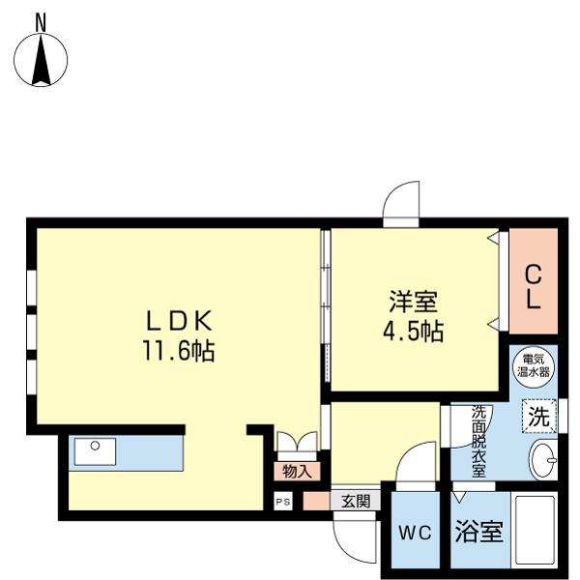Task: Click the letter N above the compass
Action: point(42,19)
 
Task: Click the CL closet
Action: point(533,287)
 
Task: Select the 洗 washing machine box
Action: point(539,418)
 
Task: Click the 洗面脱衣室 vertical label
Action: point(478,440)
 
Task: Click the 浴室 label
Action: point(478,532)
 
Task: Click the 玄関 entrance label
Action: point(356,501)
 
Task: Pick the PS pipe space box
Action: point(282,501)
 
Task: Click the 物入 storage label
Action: point(296,472)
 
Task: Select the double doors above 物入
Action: point(295,443)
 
